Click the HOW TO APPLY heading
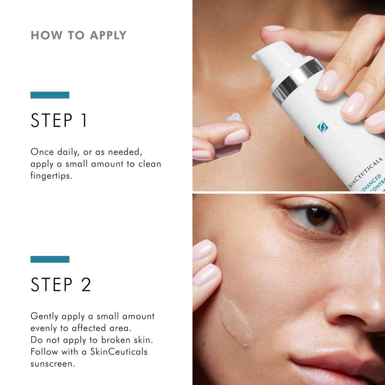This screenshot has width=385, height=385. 78,35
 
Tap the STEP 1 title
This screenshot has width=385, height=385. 59,120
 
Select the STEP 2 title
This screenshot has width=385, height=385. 61,285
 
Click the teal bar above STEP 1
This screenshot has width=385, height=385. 50,95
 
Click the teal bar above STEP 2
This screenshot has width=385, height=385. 50,260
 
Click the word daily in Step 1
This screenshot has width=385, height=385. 65,152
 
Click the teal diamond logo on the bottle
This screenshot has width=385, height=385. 322,127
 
